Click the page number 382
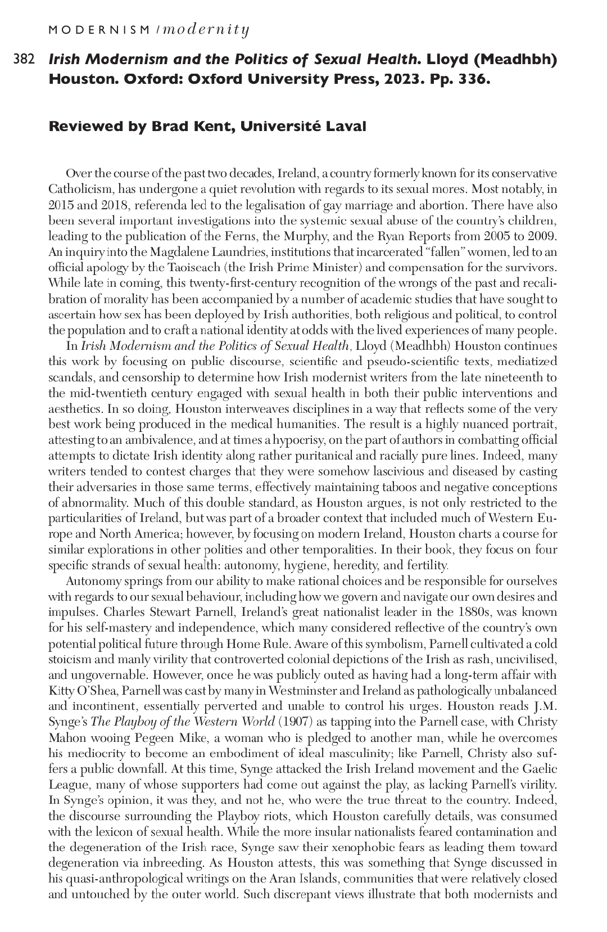(28, 58)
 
